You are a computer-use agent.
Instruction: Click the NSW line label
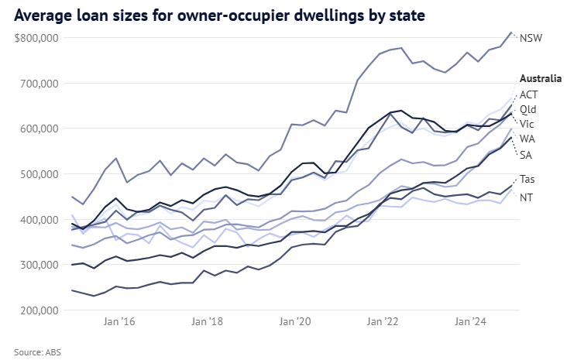tap(531, 38)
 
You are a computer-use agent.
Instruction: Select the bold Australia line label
tap(540, 78)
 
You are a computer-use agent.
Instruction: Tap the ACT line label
tap(529, 94)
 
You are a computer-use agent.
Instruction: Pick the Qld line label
tap(528, 109)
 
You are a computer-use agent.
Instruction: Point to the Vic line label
tap(527, 124)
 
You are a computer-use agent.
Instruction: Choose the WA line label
tap(527, 139)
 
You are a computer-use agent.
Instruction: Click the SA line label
tap(526, 155)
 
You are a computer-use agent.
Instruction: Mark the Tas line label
tap(527, 180)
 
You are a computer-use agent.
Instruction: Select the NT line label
tap(527, 197)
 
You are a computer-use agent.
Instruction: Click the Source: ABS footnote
tap(37, 351)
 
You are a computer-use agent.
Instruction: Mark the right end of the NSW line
tap(511, 33)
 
